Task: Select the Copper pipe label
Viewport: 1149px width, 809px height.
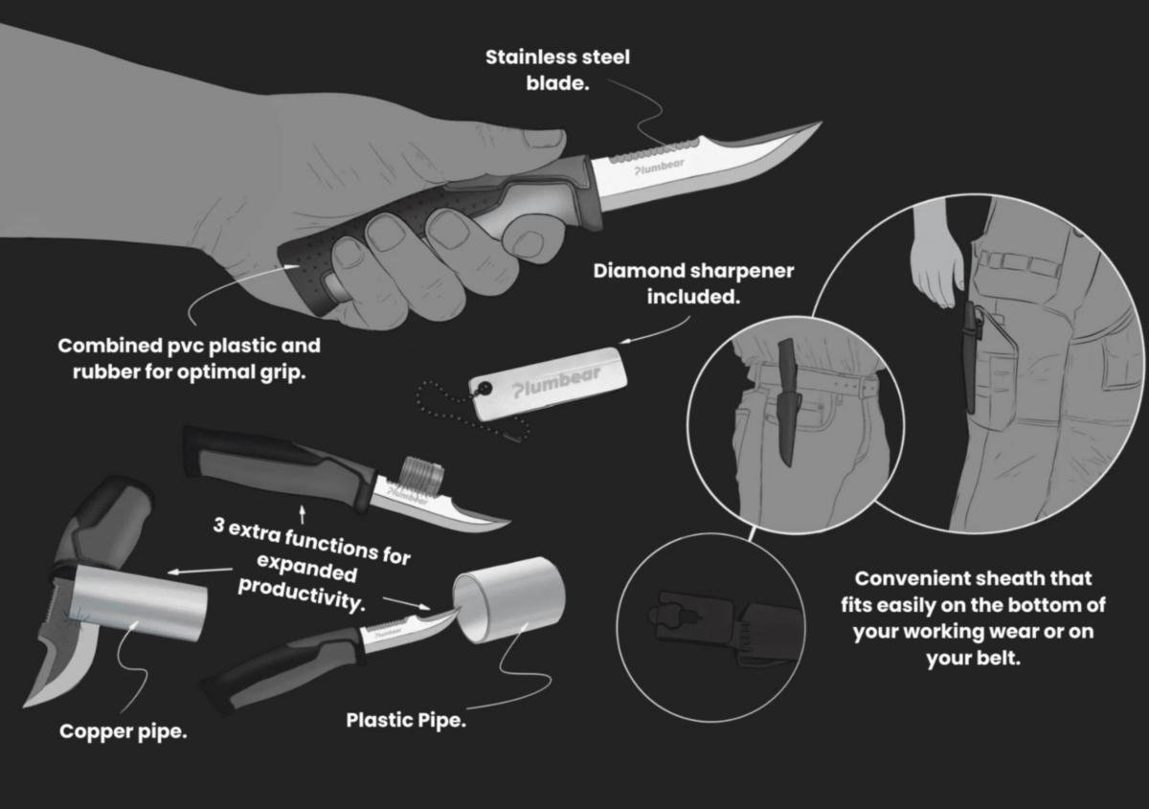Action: (x=124, y=732)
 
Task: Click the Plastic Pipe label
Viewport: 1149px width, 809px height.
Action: (x=406, y=720)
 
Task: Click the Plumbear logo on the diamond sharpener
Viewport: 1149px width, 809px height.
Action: (x=556, y=380)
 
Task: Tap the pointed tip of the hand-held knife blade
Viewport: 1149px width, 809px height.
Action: (x=822, y=123)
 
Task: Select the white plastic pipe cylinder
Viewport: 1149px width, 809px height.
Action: (x=508, y=599)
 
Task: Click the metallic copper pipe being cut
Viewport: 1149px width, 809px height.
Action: (x=138, y=603)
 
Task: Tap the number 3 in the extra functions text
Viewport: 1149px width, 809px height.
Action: (x=219, y=525)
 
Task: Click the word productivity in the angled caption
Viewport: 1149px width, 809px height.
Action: (x=303, y=596)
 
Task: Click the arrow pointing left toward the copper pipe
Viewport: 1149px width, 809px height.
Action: (x=200, y=571)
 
